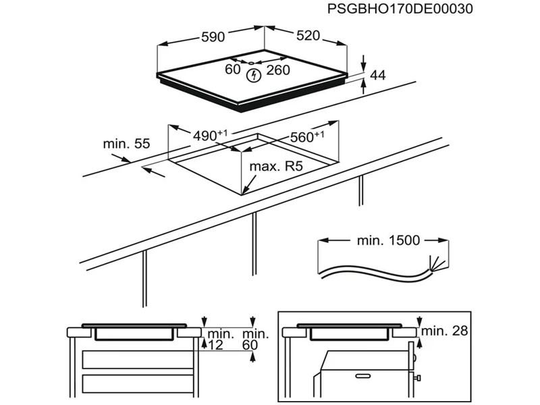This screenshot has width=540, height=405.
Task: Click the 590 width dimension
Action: pyautogui.click(x=213, y=37)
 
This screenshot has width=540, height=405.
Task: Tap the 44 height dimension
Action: pyautogui.click(x=378, y=76)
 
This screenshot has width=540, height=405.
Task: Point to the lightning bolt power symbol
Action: pyautogui.click(x=253, y=76)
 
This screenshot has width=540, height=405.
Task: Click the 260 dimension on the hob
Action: pyautogui.click(x=277, y=70)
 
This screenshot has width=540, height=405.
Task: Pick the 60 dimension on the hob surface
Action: pyautogui.click(x=233, y=70)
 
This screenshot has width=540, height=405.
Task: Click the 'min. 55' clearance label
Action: pyautogui.click(x=126, y=144)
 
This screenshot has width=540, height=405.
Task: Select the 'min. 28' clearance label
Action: pyautogui.click(x=443, y=331)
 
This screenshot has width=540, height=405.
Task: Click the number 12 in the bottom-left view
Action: pyautogui.click(x=215, y=345)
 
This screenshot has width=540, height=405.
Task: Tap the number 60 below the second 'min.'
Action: pyautogui.click(x=251, y=345)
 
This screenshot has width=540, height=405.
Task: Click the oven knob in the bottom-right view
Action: pyautogui.click(x=418, y=376)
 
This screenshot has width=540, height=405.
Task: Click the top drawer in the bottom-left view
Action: pyautogui.click(x=136, y=359)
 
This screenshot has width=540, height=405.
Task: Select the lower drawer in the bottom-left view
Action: pyautogui.click(x=136, y=383)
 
